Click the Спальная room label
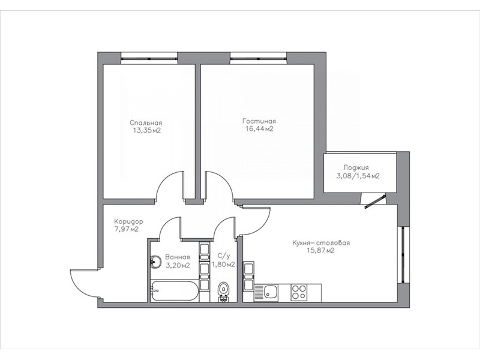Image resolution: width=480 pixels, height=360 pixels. (146, 123)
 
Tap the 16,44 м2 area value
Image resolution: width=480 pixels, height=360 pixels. (259, 129)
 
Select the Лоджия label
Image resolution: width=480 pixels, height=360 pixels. (356, 168)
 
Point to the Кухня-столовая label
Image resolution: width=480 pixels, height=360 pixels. (321, 243)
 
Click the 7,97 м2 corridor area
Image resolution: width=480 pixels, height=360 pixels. (127, 229)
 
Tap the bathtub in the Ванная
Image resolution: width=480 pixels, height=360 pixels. (175, 291)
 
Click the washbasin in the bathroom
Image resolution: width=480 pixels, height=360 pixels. (156, 262)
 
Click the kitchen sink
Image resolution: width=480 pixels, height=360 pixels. (266, 293)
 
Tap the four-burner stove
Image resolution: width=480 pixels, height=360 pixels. (299, 292)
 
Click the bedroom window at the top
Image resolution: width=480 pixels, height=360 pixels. (149, 58)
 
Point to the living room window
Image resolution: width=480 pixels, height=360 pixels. (259, 58)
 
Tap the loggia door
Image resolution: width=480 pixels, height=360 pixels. (374, 202)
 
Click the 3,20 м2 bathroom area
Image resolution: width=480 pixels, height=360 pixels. (178, 265)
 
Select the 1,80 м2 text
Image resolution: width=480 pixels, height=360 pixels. (223, 265)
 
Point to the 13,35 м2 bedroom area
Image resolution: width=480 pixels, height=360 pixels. (146, 131)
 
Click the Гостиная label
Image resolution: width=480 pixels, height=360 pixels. (259, 121)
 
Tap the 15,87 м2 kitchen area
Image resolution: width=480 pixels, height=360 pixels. (320, 251)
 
